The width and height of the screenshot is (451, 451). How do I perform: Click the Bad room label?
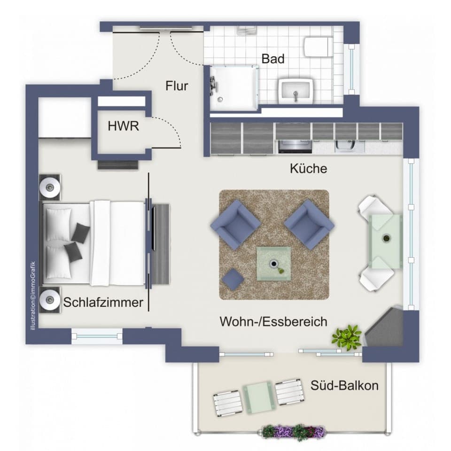pos(273,59)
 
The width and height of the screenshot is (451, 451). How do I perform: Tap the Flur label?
pos(177,86)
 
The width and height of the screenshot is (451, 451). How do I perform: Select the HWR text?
pos(124,126)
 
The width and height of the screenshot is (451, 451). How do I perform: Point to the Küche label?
pos(308,169)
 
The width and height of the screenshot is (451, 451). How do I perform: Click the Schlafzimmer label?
pos(103,302)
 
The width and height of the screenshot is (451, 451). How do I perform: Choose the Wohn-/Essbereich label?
pos(273,322)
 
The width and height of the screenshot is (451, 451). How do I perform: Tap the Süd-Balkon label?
pos(344,386)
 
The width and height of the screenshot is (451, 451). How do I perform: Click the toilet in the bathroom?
pos(318,47)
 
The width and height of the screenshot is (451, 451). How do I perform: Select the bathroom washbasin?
pos(295,91)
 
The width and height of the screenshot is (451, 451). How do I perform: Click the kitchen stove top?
pos(295,147)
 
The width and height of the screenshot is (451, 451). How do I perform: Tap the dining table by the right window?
pos(385,241)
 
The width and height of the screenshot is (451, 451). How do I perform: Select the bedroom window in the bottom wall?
pos(96,335)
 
